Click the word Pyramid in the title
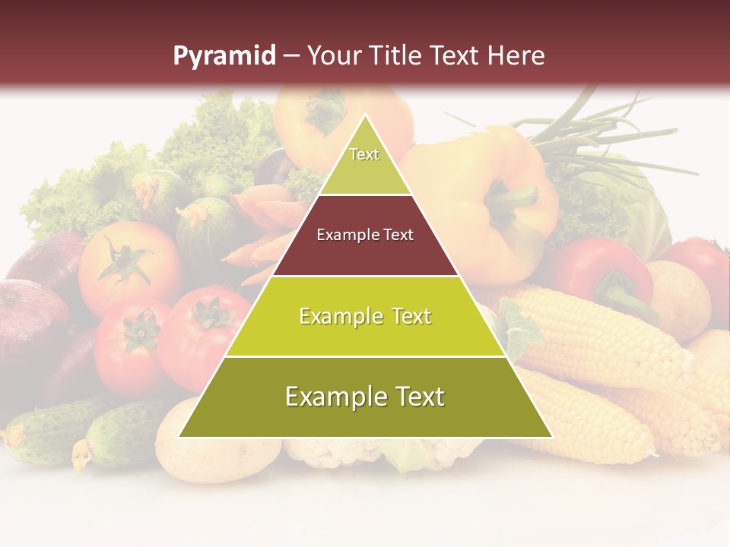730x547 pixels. [224, 56]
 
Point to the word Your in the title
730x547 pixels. [332, 55]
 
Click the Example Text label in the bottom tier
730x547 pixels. [365, 397]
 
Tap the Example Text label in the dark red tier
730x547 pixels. [365, 235]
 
